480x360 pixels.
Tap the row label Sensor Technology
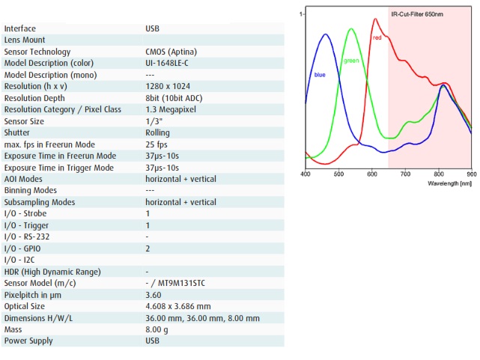click(37, 52)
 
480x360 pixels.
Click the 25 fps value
click(157, 144)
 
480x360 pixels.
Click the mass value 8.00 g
click(157, 329)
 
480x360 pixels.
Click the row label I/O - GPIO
click(25, 248)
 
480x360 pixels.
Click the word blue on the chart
click(320, 75)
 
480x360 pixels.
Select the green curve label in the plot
click(351, 61)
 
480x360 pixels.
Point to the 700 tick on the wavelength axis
click(405, 174)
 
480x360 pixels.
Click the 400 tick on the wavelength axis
click(306, 174)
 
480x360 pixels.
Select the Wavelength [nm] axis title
click(449, 183)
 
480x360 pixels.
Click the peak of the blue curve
click(326, 34)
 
